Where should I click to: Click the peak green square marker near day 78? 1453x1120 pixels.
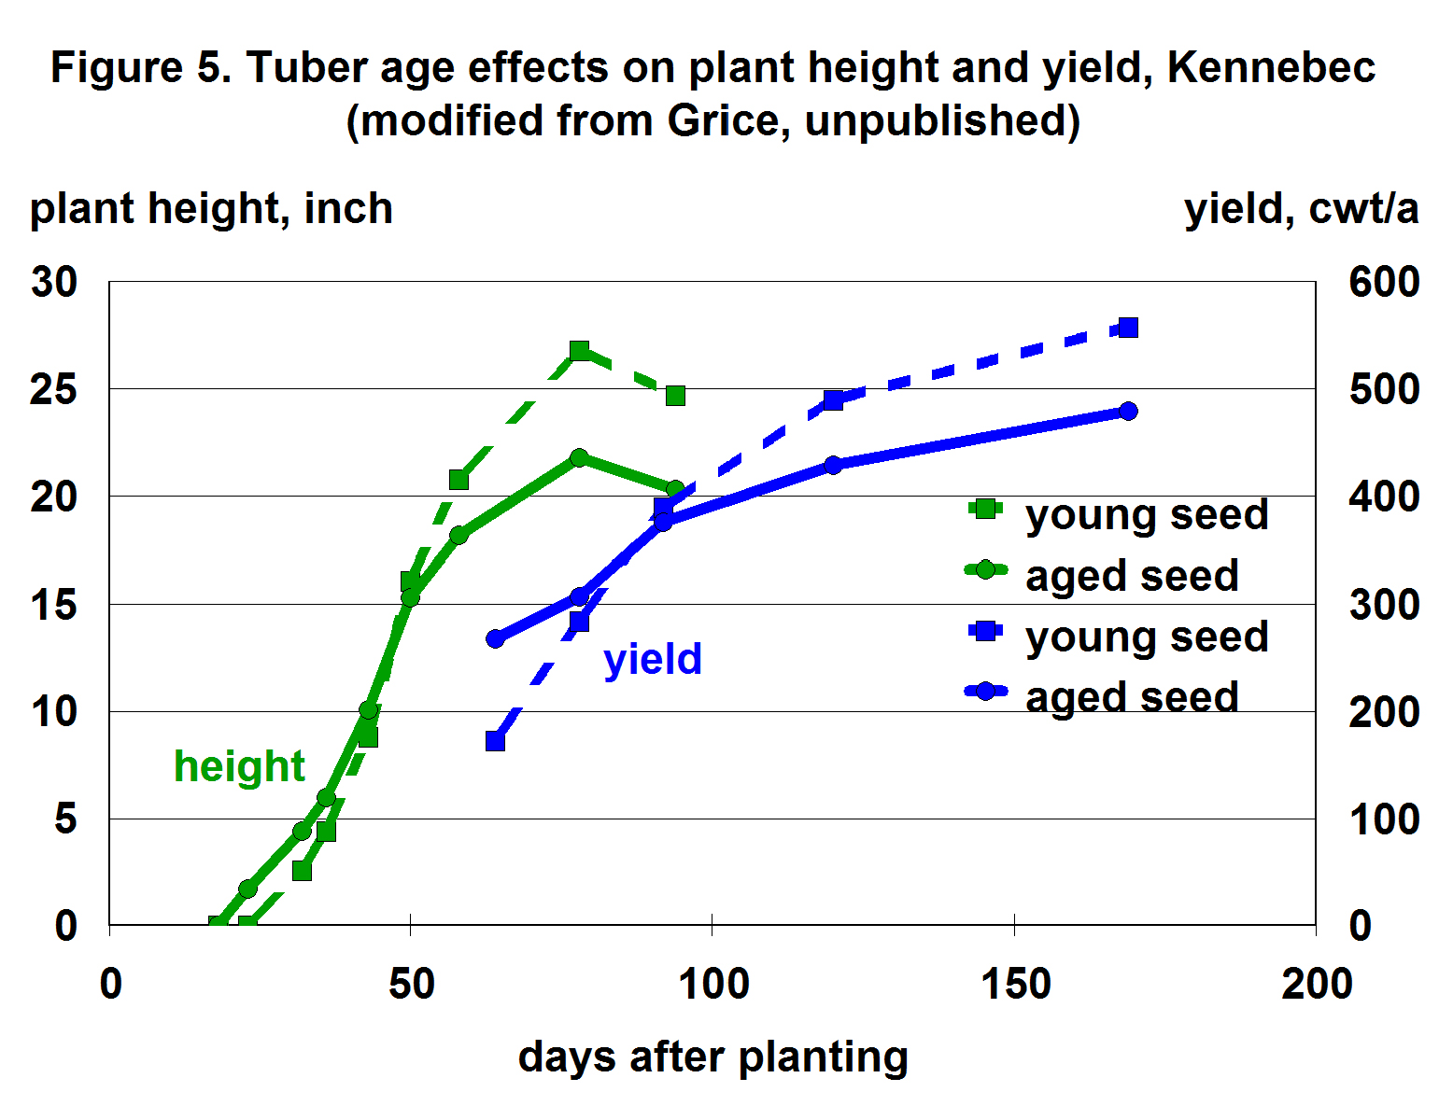[579, 351]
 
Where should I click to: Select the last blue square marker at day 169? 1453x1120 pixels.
[1128, 328]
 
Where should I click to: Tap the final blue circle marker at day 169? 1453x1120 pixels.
[1128, 411]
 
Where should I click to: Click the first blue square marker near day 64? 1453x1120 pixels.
[495, 741]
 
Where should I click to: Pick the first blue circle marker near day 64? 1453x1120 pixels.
[495, 639]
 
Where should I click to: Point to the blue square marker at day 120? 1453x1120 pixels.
[834, 400]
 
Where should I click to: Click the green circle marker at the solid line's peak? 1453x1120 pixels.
[579, 457]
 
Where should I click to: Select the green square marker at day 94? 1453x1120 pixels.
[675, 396]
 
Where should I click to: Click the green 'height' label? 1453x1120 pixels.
[239, 766]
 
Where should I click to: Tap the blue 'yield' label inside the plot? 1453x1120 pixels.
[653, 659]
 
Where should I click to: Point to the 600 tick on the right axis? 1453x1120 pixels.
[1383, 282]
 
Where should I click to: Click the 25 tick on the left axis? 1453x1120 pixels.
[53, 389]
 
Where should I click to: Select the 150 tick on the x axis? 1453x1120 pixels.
[1015, 984]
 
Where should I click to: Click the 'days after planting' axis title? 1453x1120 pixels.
[712, 1057]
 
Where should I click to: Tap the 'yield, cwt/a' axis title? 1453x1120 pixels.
[1301, 208]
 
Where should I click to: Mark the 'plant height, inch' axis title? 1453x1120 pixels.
[211, 208]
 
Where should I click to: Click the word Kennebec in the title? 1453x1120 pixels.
[1271, 68]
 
